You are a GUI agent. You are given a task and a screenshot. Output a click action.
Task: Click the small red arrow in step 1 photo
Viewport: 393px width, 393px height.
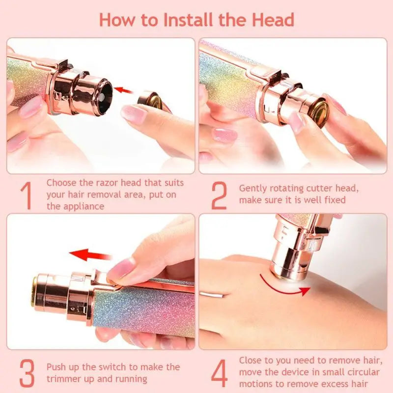pyautogui.click(x=125, y=90)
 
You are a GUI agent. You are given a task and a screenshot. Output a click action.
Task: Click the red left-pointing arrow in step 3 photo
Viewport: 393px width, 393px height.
pyautogui.click(x=90, y=255)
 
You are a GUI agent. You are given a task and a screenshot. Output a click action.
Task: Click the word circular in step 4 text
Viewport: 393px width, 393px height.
pyautogui.click(x=358, y=373)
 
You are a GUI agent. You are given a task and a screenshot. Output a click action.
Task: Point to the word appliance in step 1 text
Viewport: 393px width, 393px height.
pyautogui.click(x=83, y=206)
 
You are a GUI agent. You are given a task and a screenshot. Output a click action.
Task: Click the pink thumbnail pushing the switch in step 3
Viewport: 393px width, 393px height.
pyautogui.click(x=120, y=269)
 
